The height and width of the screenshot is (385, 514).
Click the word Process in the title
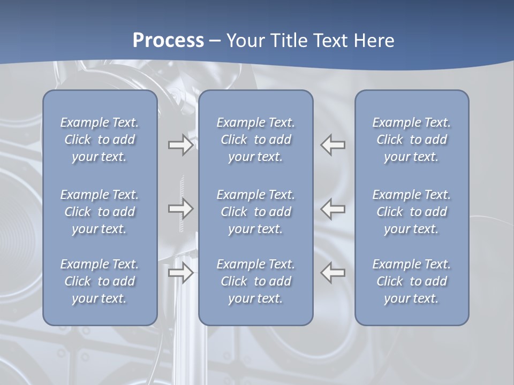168,40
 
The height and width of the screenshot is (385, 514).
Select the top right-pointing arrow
180,145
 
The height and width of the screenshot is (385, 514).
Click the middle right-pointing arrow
180,209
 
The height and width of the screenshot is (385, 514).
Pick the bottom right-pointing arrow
180,273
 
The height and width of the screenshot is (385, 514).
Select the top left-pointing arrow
333,145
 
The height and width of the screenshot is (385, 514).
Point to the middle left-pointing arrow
333,209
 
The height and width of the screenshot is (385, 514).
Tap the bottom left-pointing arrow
333,273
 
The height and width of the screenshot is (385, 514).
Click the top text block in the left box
100,140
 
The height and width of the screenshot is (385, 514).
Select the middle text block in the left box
100,212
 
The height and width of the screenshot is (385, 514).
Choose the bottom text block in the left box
100,281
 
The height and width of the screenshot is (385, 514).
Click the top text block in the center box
255,140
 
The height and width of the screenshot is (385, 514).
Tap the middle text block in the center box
255,212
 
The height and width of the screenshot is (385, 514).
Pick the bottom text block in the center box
255,281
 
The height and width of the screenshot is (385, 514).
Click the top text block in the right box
411,140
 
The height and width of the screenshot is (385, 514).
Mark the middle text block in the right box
411,212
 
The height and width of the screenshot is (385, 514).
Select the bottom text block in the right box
411,281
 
